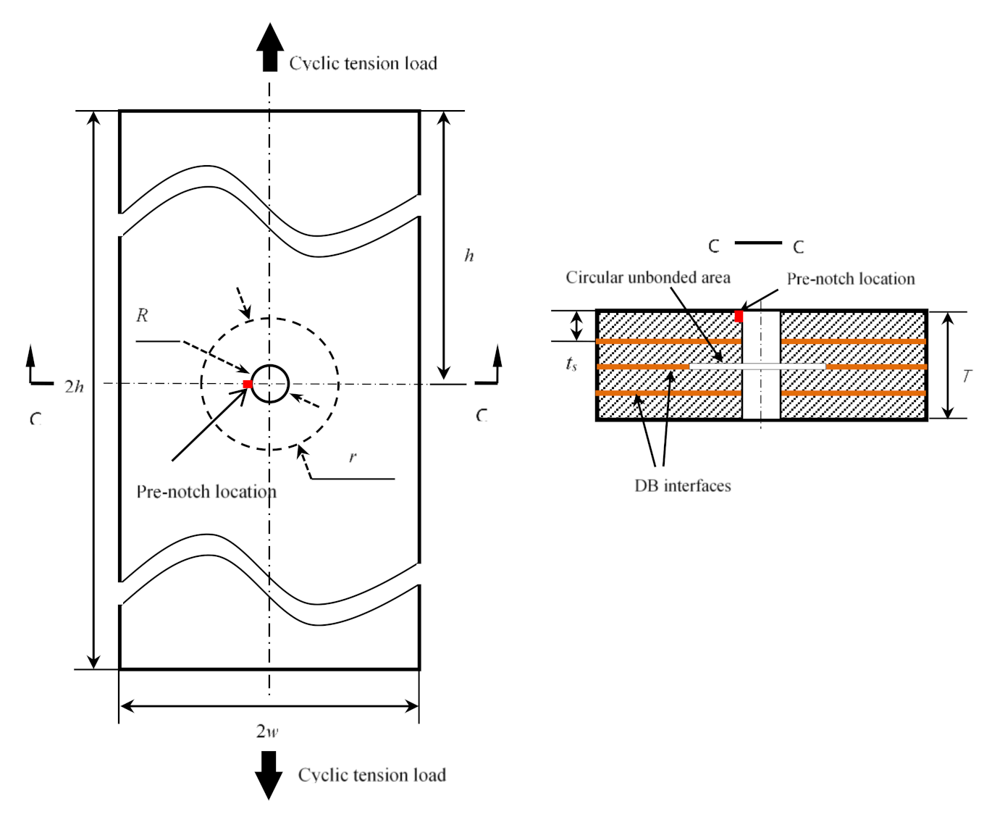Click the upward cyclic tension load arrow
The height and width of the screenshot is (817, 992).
click(x=269, y=47)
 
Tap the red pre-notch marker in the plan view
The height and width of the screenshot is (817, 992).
click(x=247, y=384)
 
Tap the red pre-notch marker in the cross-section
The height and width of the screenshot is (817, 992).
click(x=739, y=317)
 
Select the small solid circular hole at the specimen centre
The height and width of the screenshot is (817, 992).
click(x=270, y=383)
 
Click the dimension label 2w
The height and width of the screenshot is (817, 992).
click(x=267, y=731)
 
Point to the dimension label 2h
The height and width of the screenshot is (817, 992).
click(x=74, y=387)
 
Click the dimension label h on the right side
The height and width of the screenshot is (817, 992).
click(x=469, y=256)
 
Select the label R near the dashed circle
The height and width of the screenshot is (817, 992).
click(x=142, y=316)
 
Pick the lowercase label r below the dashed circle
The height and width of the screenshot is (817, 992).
click(x=353, y=457)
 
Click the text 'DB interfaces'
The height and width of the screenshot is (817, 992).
click(x=682, y=486)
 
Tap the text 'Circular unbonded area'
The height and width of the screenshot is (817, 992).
click(x=647, y=278)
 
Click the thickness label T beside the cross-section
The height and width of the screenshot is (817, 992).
click(x=967, y=376)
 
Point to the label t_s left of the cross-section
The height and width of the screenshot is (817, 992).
click(x=571, y=364)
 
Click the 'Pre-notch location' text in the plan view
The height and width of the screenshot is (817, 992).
click(x=206, y=492)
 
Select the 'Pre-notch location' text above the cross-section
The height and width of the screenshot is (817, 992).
click(x=850, y=279)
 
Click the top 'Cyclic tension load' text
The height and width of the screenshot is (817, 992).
click(x=363, y=64)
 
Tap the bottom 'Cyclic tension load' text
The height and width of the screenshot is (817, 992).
click(x=371, y=776)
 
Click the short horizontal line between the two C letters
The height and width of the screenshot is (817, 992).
click(x=757, y=243)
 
